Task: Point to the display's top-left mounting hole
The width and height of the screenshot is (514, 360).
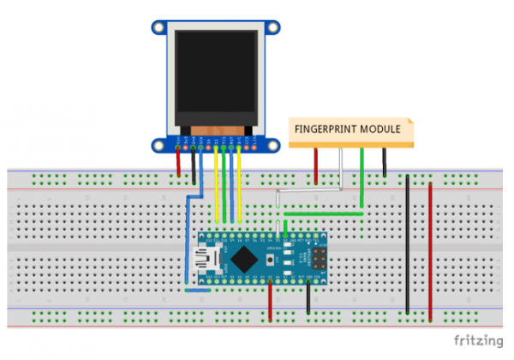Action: tap(160, 27)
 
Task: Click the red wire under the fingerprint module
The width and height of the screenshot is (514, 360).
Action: tap(316, 165)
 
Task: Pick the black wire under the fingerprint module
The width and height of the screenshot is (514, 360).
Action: tap(384, 162)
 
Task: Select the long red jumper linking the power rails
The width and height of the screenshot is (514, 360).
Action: tap(430, 249)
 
